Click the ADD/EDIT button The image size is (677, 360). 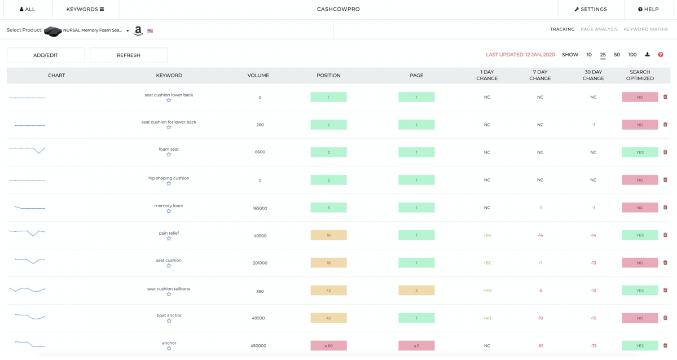[46, 55]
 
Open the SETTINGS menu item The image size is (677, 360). [591, 9]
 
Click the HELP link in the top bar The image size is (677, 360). [648, 9]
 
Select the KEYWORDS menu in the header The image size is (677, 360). [85, 9]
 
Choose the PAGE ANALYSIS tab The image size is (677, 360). [599, 29]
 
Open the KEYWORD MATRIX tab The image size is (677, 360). [645, 29]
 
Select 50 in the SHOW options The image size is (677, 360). [617, 55]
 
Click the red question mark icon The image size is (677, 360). [661, 55]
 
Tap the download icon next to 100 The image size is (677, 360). [647, 55]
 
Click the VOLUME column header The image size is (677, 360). [258, 76]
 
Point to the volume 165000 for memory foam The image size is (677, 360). [260, 208]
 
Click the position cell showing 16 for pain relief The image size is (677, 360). [328, 235]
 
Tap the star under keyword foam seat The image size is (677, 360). [169, 155]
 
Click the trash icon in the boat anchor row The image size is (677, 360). [665, 318]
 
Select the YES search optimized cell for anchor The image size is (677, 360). [640, 346]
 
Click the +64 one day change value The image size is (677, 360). [487, 235]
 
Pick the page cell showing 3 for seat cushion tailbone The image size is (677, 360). [416, 291]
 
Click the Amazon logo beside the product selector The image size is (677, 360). [138, 31]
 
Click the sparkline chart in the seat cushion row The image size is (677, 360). [27, 261]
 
